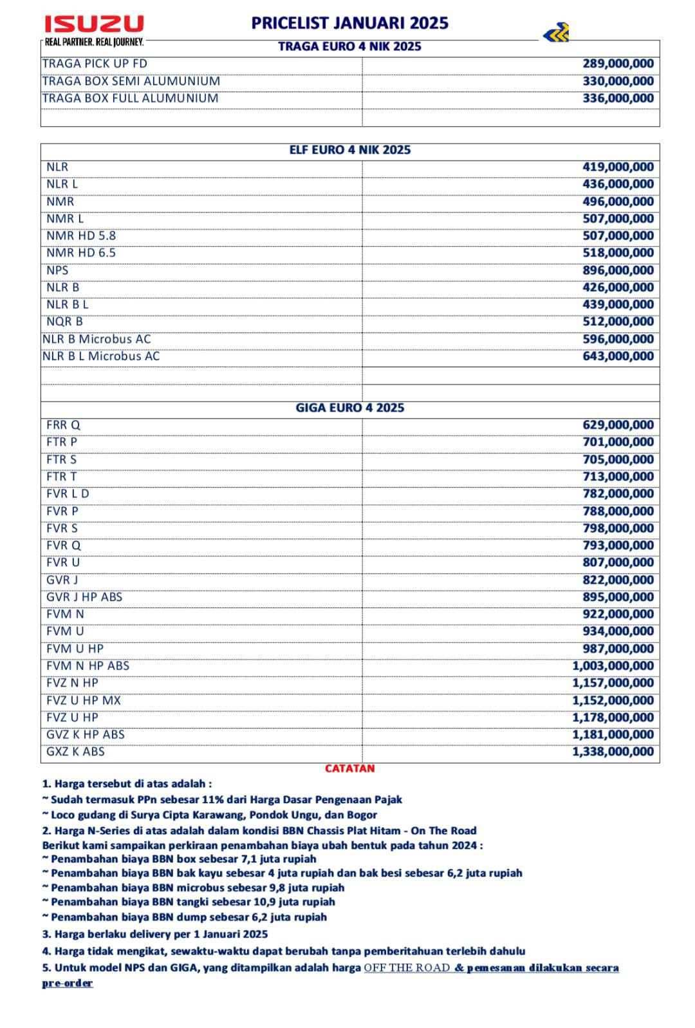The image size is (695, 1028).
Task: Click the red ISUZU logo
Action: click(94, 24)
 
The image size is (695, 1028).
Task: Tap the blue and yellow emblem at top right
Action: click(556, 32)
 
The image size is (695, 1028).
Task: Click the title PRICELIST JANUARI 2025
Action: click(349, 23)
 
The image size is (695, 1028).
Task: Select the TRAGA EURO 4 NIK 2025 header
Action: click(349, 46)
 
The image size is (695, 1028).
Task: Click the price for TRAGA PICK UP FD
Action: click(618, 64)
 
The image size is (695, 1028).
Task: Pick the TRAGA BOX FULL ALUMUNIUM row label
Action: click(130, 99)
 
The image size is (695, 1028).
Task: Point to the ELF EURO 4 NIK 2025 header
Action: click(349, 150)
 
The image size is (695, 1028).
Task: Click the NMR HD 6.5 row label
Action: click(81, 253)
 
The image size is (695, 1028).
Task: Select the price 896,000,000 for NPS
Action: click(618, 271)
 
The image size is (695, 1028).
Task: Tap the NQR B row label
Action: click(64, 322)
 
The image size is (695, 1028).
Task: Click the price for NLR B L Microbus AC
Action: click(618, 356)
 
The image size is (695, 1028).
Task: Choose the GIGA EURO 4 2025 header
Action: click(349, 408)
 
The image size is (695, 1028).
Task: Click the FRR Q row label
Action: click(63, 425)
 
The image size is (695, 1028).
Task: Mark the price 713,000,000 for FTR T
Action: click(618, 477)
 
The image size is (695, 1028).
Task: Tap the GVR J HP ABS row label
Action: click(84, 597)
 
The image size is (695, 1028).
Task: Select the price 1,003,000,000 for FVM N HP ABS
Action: click(613, 666)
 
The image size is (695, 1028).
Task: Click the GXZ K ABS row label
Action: click(75, 752)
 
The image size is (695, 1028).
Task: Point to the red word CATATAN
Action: click(349, 768)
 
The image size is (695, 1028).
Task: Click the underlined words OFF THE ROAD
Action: click(407, 967)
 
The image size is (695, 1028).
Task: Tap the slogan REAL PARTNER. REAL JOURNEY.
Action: click(94, 43)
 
